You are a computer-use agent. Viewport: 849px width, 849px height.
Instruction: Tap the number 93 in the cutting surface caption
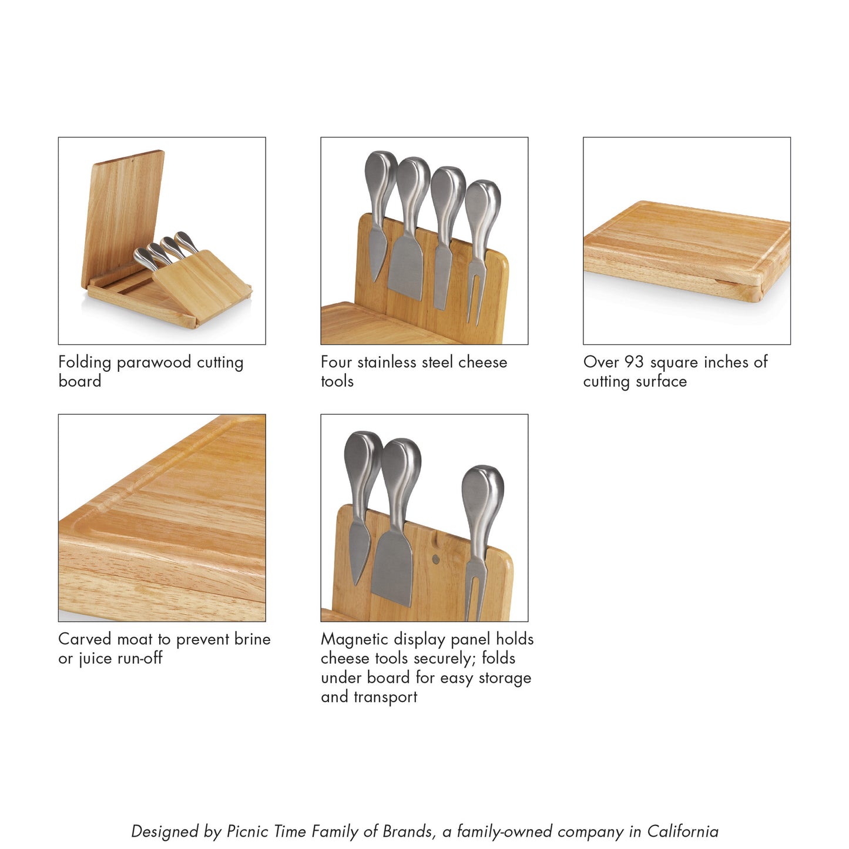[x=634, y=362]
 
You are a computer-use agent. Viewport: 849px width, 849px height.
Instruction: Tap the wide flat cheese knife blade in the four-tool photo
[x=405, y=267]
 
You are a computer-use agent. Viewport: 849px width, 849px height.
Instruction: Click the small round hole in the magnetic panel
[x=435, y=558]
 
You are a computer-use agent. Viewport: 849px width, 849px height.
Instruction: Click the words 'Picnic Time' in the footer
[x=266, y=831]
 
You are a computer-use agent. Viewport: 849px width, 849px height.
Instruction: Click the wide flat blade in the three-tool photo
[x=392, y=567]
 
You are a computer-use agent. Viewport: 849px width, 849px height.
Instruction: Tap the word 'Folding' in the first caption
[x=85, y=363]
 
